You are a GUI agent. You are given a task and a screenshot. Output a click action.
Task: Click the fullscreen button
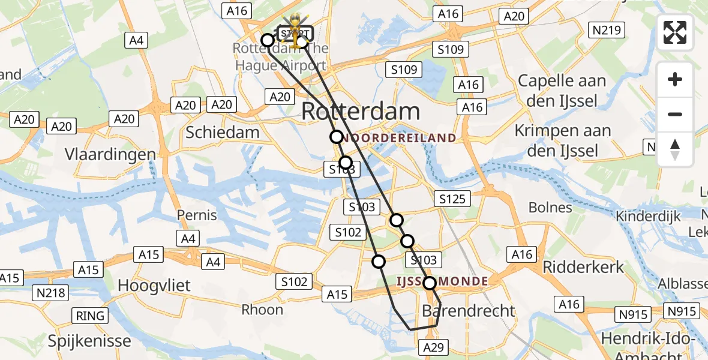675,32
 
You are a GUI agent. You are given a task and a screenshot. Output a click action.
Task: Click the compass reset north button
675,149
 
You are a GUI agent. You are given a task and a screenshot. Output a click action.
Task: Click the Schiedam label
223,133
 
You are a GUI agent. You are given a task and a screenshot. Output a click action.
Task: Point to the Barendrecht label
469,310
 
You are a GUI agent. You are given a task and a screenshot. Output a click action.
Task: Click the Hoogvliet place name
154,285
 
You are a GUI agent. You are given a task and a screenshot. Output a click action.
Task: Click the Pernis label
197,214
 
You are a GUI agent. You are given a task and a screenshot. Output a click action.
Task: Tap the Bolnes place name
550,208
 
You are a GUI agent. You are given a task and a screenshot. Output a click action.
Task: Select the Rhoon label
262,310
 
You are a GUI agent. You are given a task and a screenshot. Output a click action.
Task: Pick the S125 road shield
452,199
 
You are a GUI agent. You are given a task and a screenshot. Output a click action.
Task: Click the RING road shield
91,316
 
